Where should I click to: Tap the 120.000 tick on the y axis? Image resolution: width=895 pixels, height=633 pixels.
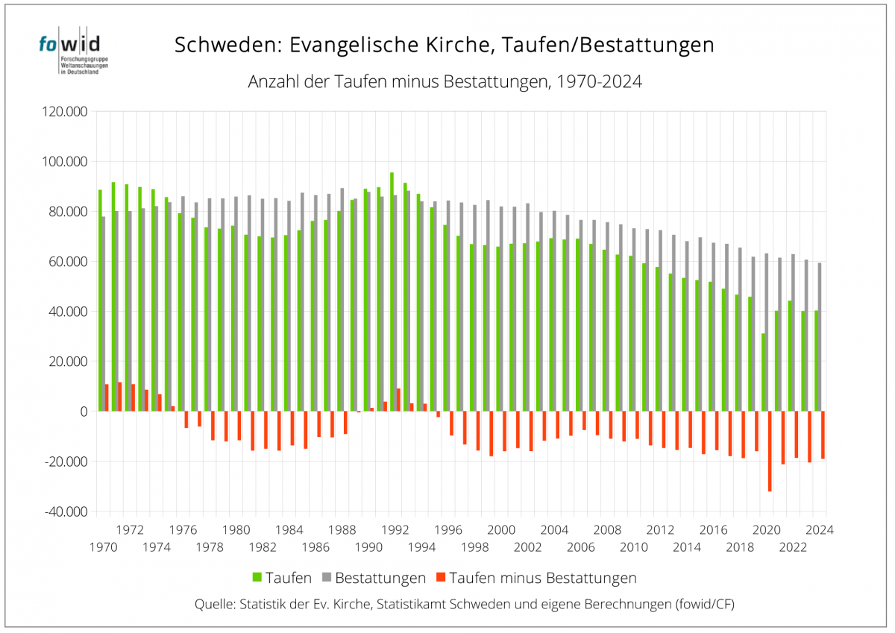pos(66,112)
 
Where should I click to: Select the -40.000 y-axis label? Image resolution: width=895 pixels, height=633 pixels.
pos(66,511)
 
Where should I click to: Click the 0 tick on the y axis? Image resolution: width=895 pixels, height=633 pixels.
pos(83,412)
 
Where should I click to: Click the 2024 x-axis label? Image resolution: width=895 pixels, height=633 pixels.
pos(820,530)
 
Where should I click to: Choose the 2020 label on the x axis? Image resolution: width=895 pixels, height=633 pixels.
pos(767,530)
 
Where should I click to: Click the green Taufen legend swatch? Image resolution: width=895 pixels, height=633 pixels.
pos(257,578)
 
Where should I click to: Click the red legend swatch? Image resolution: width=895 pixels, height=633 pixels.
pos(441,578)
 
